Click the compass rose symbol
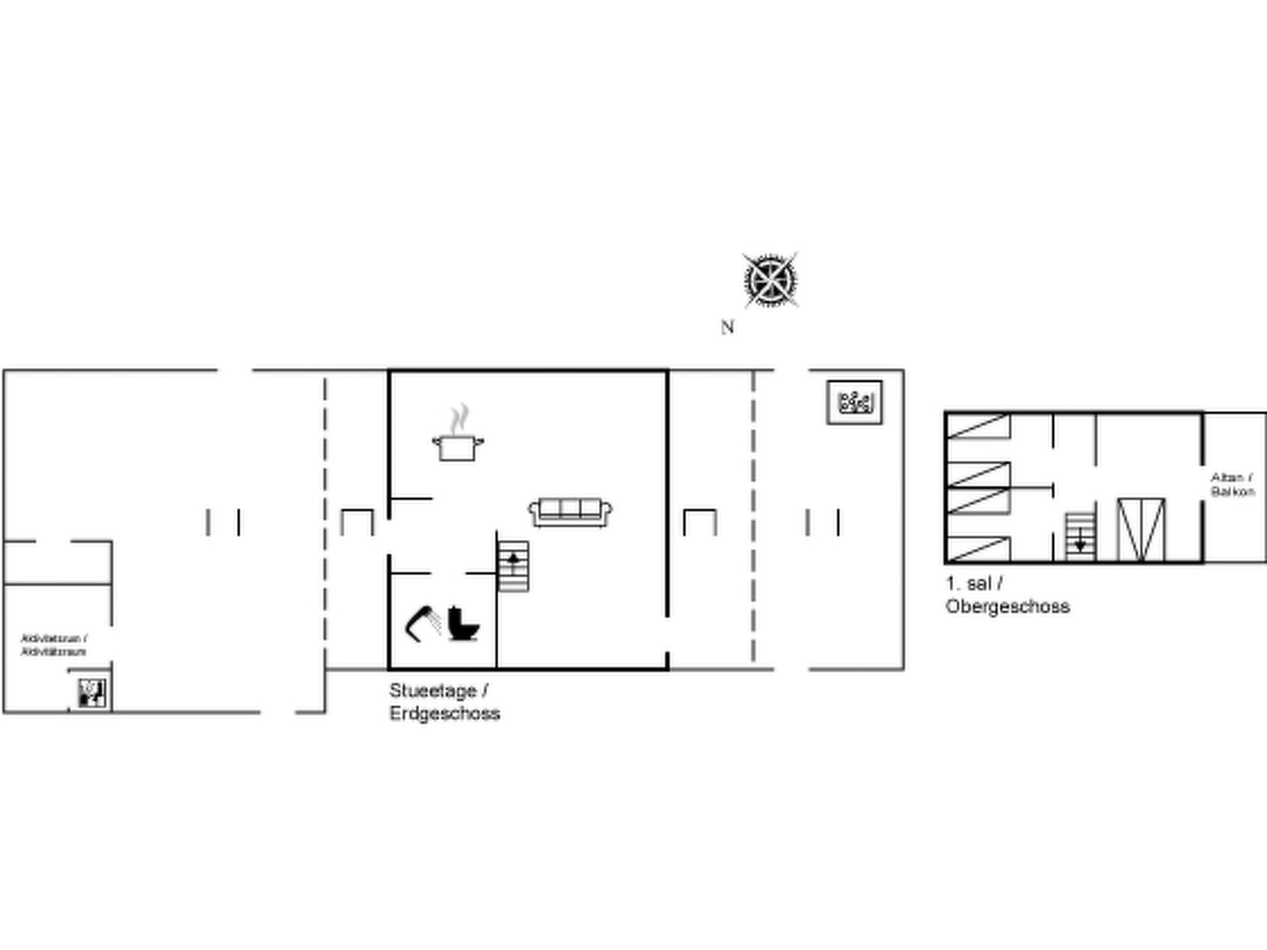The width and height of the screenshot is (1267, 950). [770, 280]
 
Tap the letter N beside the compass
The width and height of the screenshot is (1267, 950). [728, 327]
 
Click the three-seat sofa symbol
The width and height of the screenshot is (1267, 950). [570, 511]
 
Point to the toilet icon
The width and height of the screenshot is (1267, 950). [463, 623]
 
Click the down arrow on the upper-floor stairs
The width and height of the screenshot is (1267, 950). [1080, 541]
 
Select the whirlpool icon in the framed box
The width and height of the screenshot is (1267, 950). [854, 403]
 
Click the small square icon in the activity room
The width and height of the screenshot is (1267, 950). [92, 693]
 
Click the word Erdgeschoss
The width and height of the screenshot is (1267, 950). [445, 713]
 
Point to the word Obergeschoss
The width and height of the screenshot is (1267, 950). [1008, 606]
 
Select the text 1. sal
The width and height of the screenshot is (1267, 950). [969, 583]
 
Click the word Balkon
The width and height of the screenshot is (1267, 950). [1233, 492]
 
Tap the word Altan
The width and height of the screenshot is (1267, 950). [1227, 477]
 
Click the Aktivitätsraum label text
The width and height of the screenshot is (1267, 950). [54, 652]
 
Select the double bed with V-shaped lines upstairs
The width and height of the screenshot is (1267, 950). [1141, 530]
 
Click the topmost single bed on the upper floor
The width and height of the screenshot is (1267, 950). [978, 427]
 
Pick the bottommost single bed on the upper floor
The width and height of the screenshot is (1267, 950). [978, 549]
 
